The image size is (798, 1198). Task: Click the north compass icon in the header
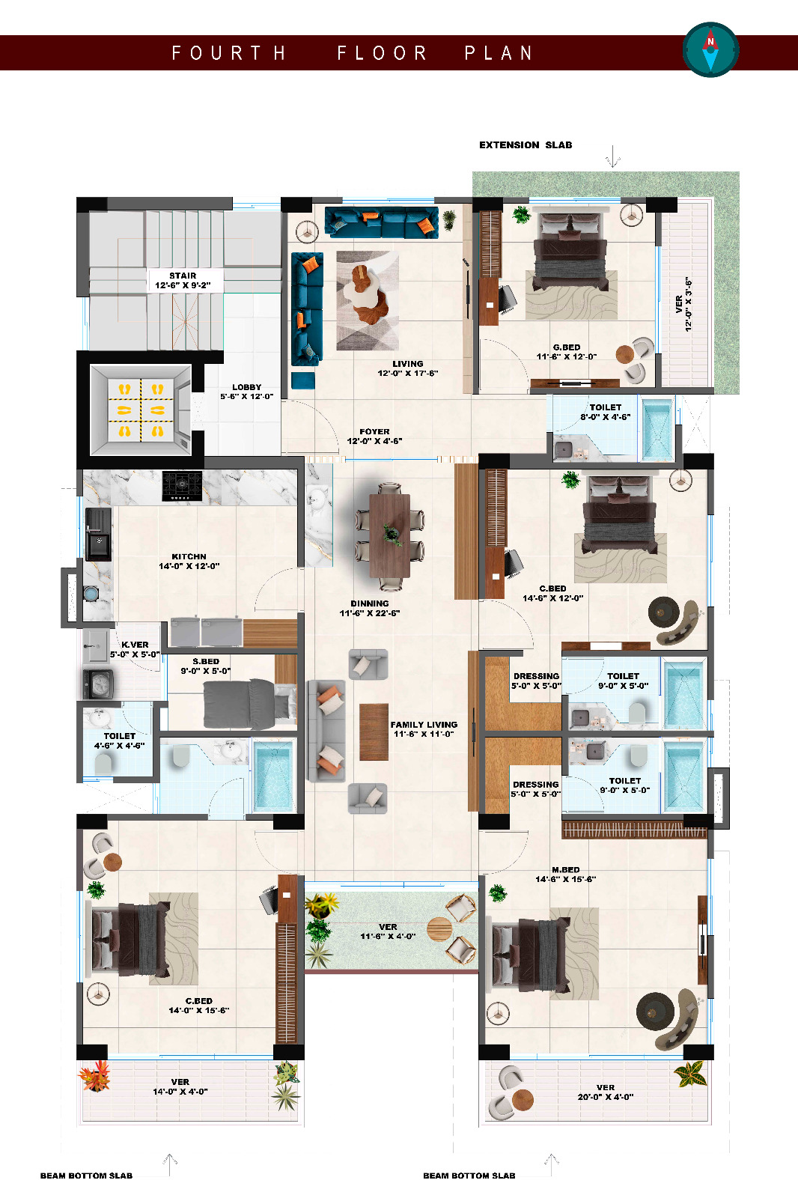click(x=711, y=49)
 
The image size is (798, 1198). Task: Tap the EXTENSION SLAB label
click(x=526, y=145)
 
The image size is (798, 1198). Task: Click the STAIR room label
click(x=183, y=280)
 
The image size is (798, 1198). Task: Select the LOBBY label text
click(x=246, y=392)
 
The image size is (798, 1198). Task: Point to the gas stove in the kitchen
click(x=183, y=486)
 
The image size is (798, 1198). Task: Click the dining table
click(x=390, y=535)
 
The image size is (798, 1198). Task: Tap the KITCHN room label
click(x=189, y=561)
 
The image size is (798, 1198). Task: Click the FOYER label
click(x=374, y=436)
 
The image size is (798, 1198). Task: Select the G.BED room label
click(x=567, y=351)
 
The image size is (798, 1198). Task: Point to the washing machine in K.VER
click(x=98, y=684)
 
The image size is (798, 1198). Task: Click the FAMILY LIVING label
click(x=424, y=729)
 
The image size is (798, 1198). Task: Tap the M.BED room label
click(x=566, y=874)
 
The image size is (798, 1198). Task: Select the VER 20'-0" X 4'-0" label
click(x=606, y=1092)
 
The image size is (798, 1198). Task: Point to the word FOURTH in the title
click(x=229, y=53)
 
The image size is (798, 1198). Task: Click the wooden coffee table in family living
click(x=374, y=732)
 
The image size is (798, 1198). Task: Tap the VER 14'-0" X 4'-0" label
click(x=180, y=1086)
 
